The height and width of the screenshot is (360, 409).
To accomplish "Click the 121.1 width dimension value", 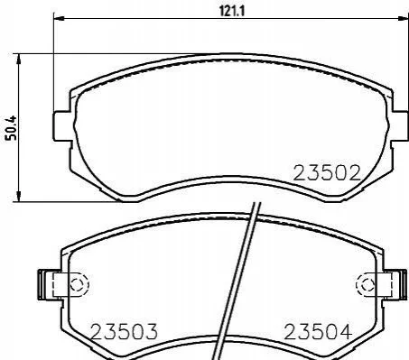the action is point(232,12).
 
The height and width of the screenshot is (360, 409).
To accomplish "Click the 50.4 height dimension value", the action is point(12,128).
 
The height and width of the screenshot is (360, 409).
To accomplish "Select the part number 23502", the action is point(327,173).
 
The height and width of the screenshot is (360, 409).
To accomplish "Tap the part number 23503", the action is point(124,331).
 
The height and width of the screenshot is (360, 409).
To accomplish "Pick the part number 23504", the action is point(318,331).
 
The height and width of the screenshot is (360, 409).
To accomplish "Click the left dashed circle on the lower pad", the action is point(79,284).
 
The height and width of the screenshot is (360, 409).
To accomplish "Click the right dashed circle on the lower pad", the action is point(366,284).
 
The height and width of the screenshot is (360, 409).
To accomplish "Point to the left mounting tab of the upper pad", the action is point(62,126).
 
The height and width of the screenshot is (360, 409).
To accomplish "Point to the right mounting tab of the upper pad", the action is point(400,126).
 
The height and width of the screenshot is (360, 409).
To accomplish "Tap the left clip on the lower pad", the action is point(48,284).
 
